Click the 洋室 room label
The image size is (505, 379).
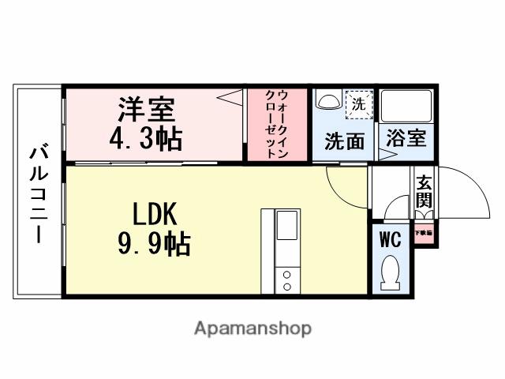coord(146,106)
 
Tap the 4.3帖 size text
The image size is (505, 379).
coord(146,139)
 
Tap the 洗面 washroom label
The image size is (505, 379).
coord(345,141)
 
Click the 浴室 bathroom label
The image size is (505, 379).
coord(406,138)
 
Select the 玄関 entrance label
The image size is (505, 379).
coord(424,191)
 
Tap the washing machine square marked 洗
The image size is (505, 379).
coord(357,103)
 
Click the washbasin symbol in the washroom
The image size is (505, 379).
coord(326,102)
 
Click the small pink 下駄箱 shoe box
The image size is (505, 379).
coord(423,235)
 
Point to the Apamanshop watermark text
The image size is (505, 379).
coord(252,328)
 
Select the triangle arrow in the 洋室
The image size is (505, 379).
coord(230,99)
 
